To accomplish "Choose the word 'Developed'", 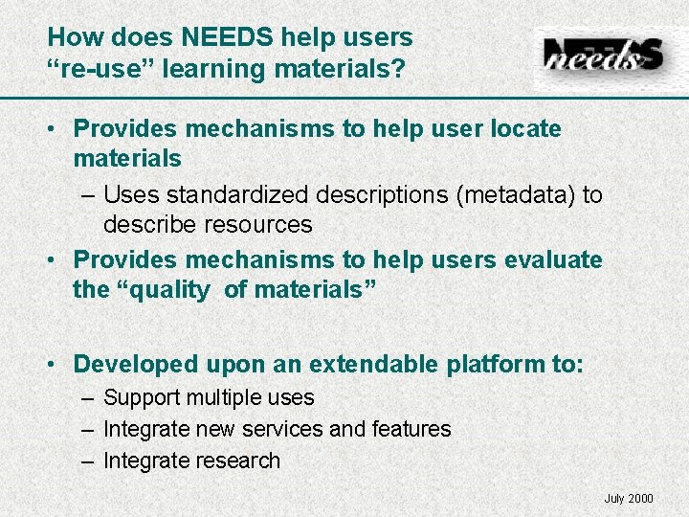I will point(136,365).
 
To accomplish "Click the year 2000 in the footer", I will point(640,498).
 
